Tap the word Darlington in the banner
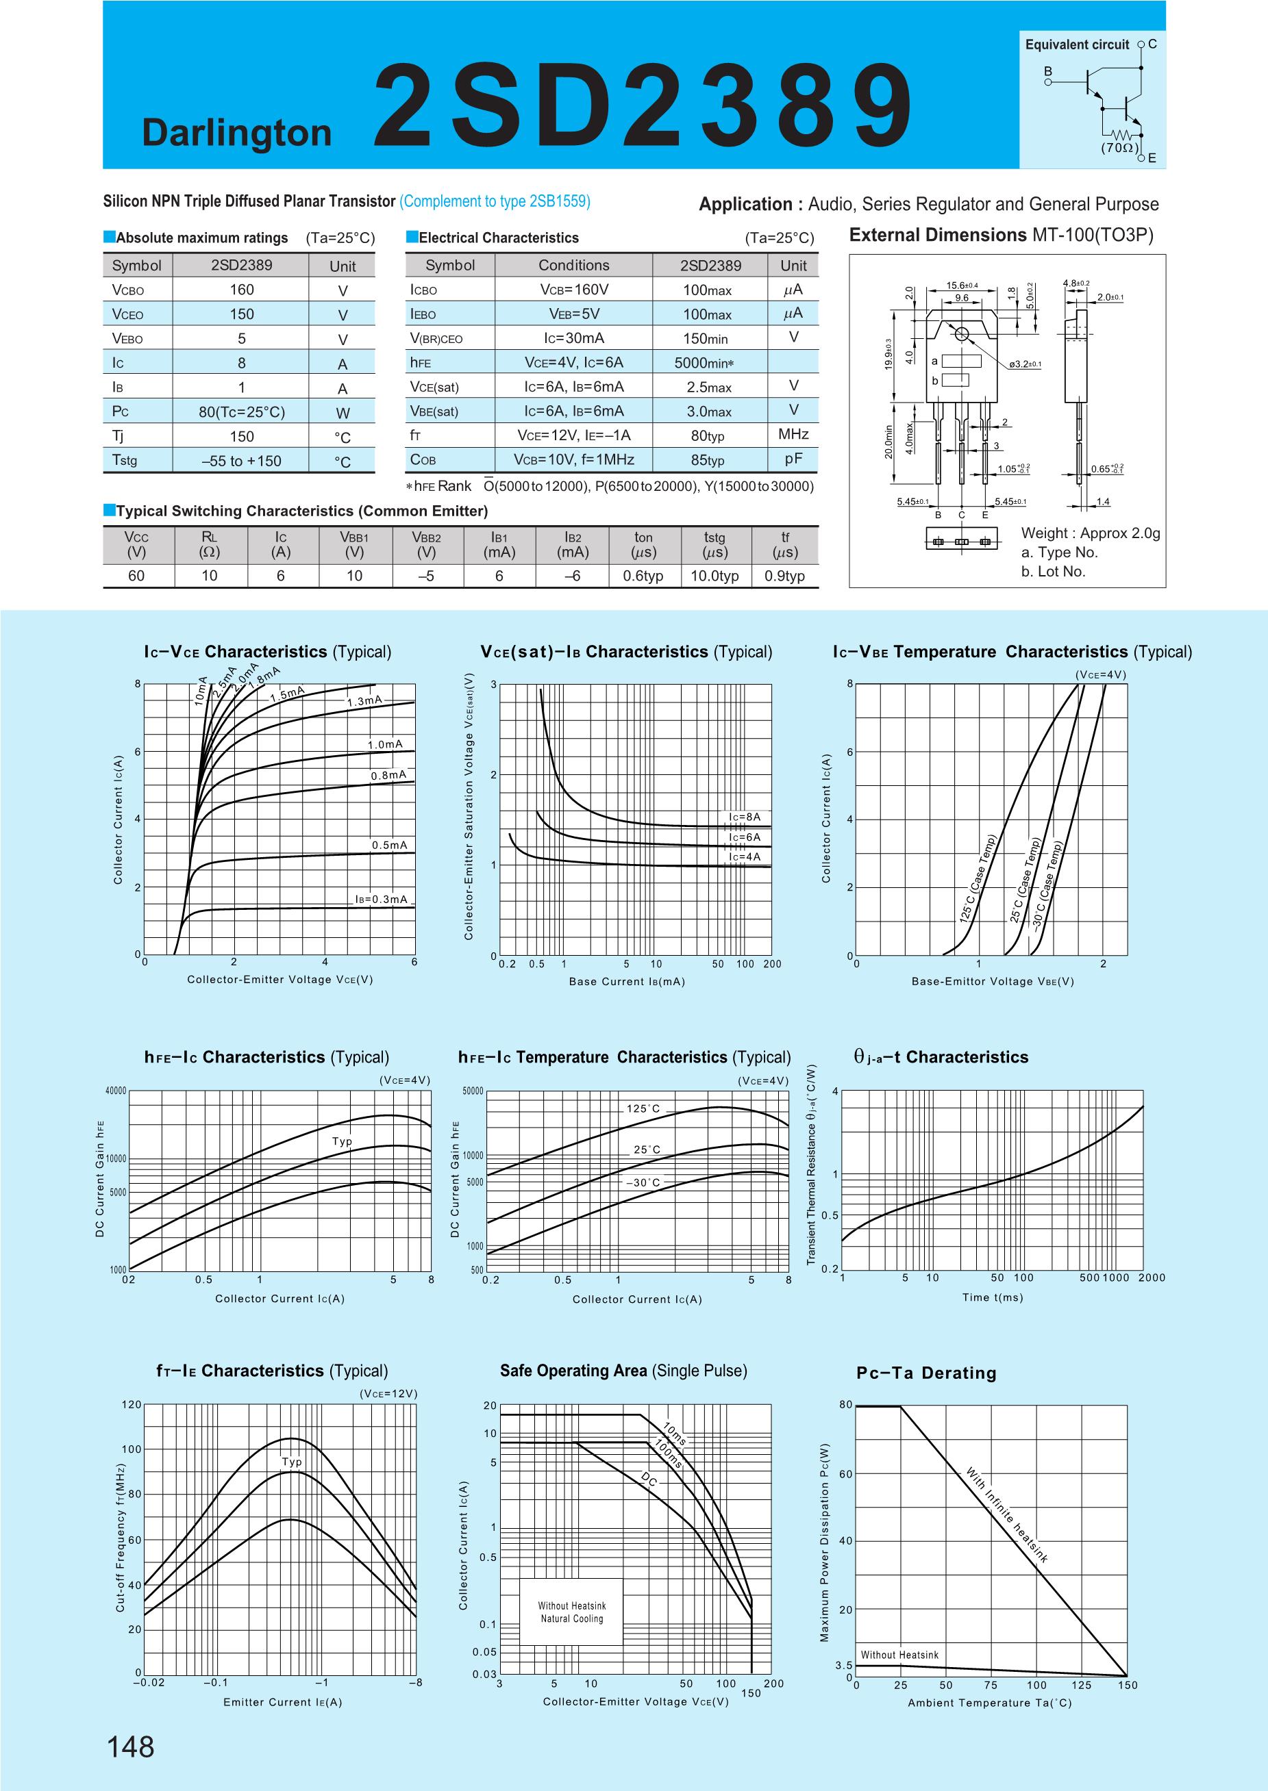click(236, 133)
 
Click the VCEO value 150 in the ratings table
click(241, 314)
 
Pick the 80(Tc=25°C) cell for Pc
click(241, 412)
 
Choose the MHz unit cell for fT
click(793, 434)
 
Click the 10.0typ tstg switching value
click(714, 576)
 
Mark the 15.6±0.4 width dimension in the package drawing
click(962, 285)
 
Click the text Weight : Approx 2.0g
click(1090, 534)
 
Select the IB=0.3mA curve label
click(381, 899)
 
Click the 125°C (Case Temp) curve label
click(978, 880)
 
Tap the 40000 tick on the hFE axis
click(116, 1091)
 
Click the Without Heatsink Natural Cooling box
click(571, 1612)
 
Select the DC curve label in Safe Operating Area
click(649, 1478)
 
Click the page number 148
click(131, 1746)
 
